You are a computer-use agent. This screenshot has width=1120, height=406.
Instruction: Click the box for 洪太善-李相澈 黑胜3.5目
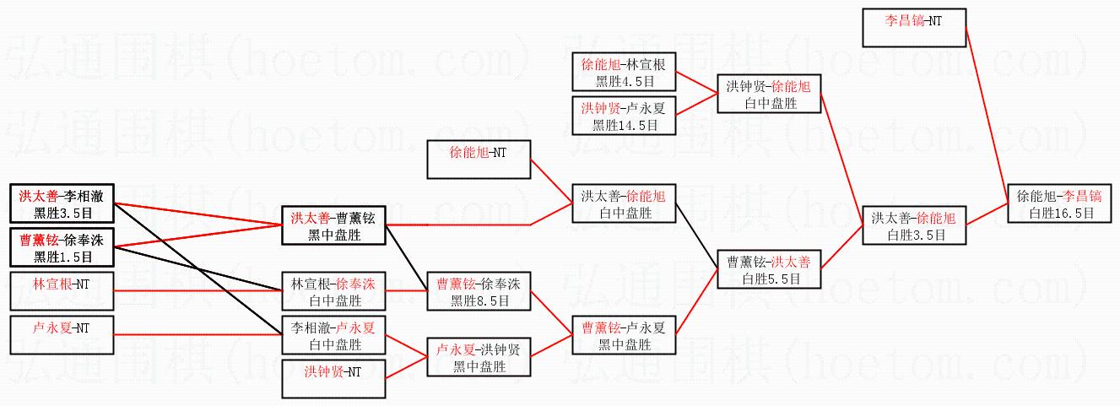[x=61, y=203]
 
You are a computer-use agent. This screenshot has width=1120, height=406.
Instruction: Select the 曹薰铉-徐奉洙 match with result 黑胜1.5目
[x=61, y=246]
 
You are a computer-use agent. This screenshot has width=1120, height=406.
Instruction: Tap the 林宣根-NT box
[x=61, y=290]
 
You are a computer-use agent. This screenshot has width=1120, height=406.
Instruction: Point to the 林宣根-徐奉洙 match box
[x=333, y=291]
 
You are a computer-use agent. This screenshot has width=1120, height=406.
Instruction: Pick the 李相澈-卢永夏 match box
[x=333, y=335]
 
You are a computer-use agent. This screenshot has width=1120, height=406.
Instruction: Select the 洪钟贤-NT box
[x=333, y=378]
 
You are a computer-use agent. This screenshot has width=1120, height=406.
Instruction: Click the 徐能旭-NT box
[x=478, y=159]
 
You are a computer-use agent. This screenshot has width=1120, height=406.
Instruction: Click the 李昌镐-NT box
[x=914, y=28]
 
